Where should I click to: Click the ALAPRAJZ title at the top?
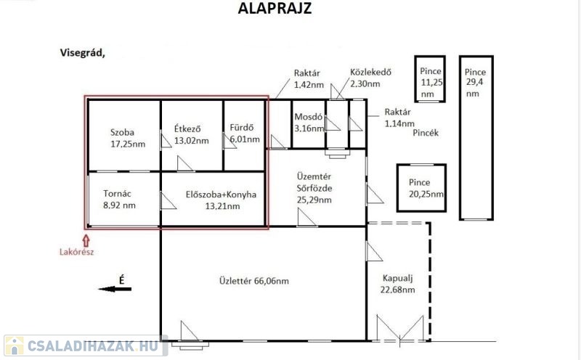tap(275, 8)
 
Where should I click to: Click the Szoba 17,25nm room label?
tap(128, 138)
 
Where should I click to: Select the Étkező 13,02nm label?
tap(192, 135)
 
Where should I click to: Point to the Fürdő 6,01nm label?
tap(245, 134)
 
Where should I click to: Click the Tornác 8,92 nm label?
tap(119, 200)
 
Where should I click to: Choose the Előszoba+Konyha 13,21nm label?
tap(222, 200)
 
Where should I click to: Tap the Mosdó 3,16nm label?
tap(309, 123)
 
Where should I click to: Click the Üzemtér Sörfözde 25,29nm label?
tap(314, 188)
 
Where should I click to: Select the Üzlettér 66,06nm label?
tap(254, 281)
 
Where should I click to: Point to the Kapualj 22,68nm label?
tap(397, 284)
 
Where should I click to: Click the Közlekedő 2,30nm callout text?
tap(370, 78)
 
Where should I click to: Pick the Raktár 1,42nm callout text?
tap(309, 79)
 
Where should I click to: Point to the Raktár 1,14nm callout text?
tap(399, 118)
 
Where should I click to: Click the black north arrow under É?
tap(115, 290)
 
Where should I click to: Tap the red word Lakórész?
tap(77, 253)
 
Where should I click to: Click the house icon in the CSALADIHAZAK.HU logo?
tap(14, 346)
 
